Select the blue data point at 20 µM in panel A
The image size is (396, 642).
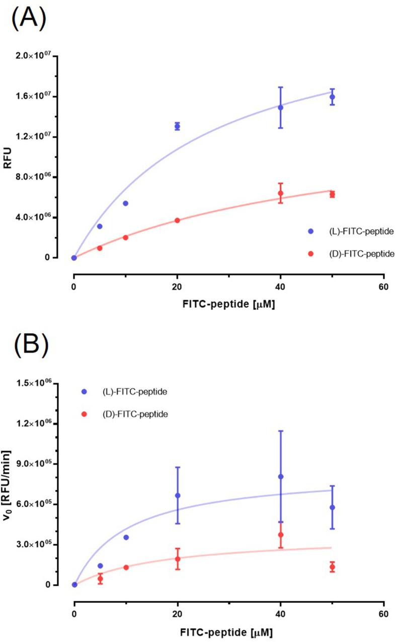pyautogui.click(x=177, y=126)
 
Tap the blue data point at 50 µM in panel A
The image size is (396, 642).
pyautogui.click(x=332, y=97)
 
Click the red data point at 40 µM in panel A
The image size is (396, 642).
pyautogui.click(x=280, y=193)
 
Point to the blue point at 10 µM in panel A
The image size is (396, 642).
pyautogui.click(x=125, y=203)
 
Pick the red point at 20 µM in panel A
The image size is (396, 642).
pyautogui.click(x=177, y=221)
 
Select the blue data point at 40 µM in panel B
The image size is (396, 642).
pyautogui.click(x=280, y=476)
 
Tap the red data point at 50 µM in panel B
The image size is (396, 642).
pyautogui.click(x=332, y=567)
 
